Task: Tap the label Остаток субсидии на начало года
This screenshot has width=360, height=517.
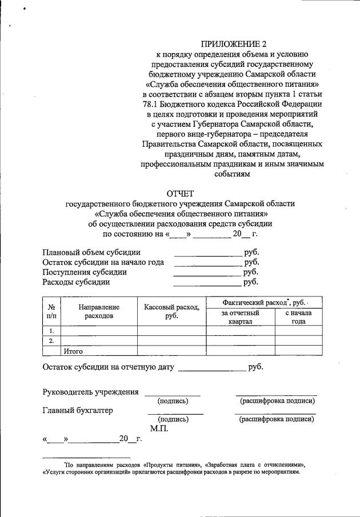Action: point(103,262)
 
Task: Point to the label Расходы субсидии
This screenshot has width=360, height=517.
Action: point(76,282)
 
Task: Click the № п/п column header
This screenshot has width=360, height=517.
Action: point(51,311)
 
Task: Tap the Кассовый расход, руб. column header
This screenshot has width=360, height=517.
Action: point(171,311)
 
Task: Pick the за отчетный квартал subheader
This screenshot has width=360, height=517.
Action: point(241,317)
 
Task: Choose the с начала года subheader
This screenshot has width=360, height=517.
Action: point(298,317)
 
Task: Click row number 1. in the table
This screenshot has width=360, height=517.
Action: point(51,331)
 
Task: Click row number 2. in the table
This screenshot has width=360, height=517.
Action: point(51,341)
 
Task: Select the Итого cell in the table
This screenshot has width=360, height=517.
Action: point(74,351)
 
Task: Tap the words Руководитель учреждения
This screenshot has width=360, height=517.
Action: point(91,392)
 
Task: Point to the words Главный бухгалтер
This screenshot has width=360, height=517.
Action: point(78,410)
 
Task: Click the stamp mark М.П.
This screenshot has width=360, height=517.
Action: point(158,428)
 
